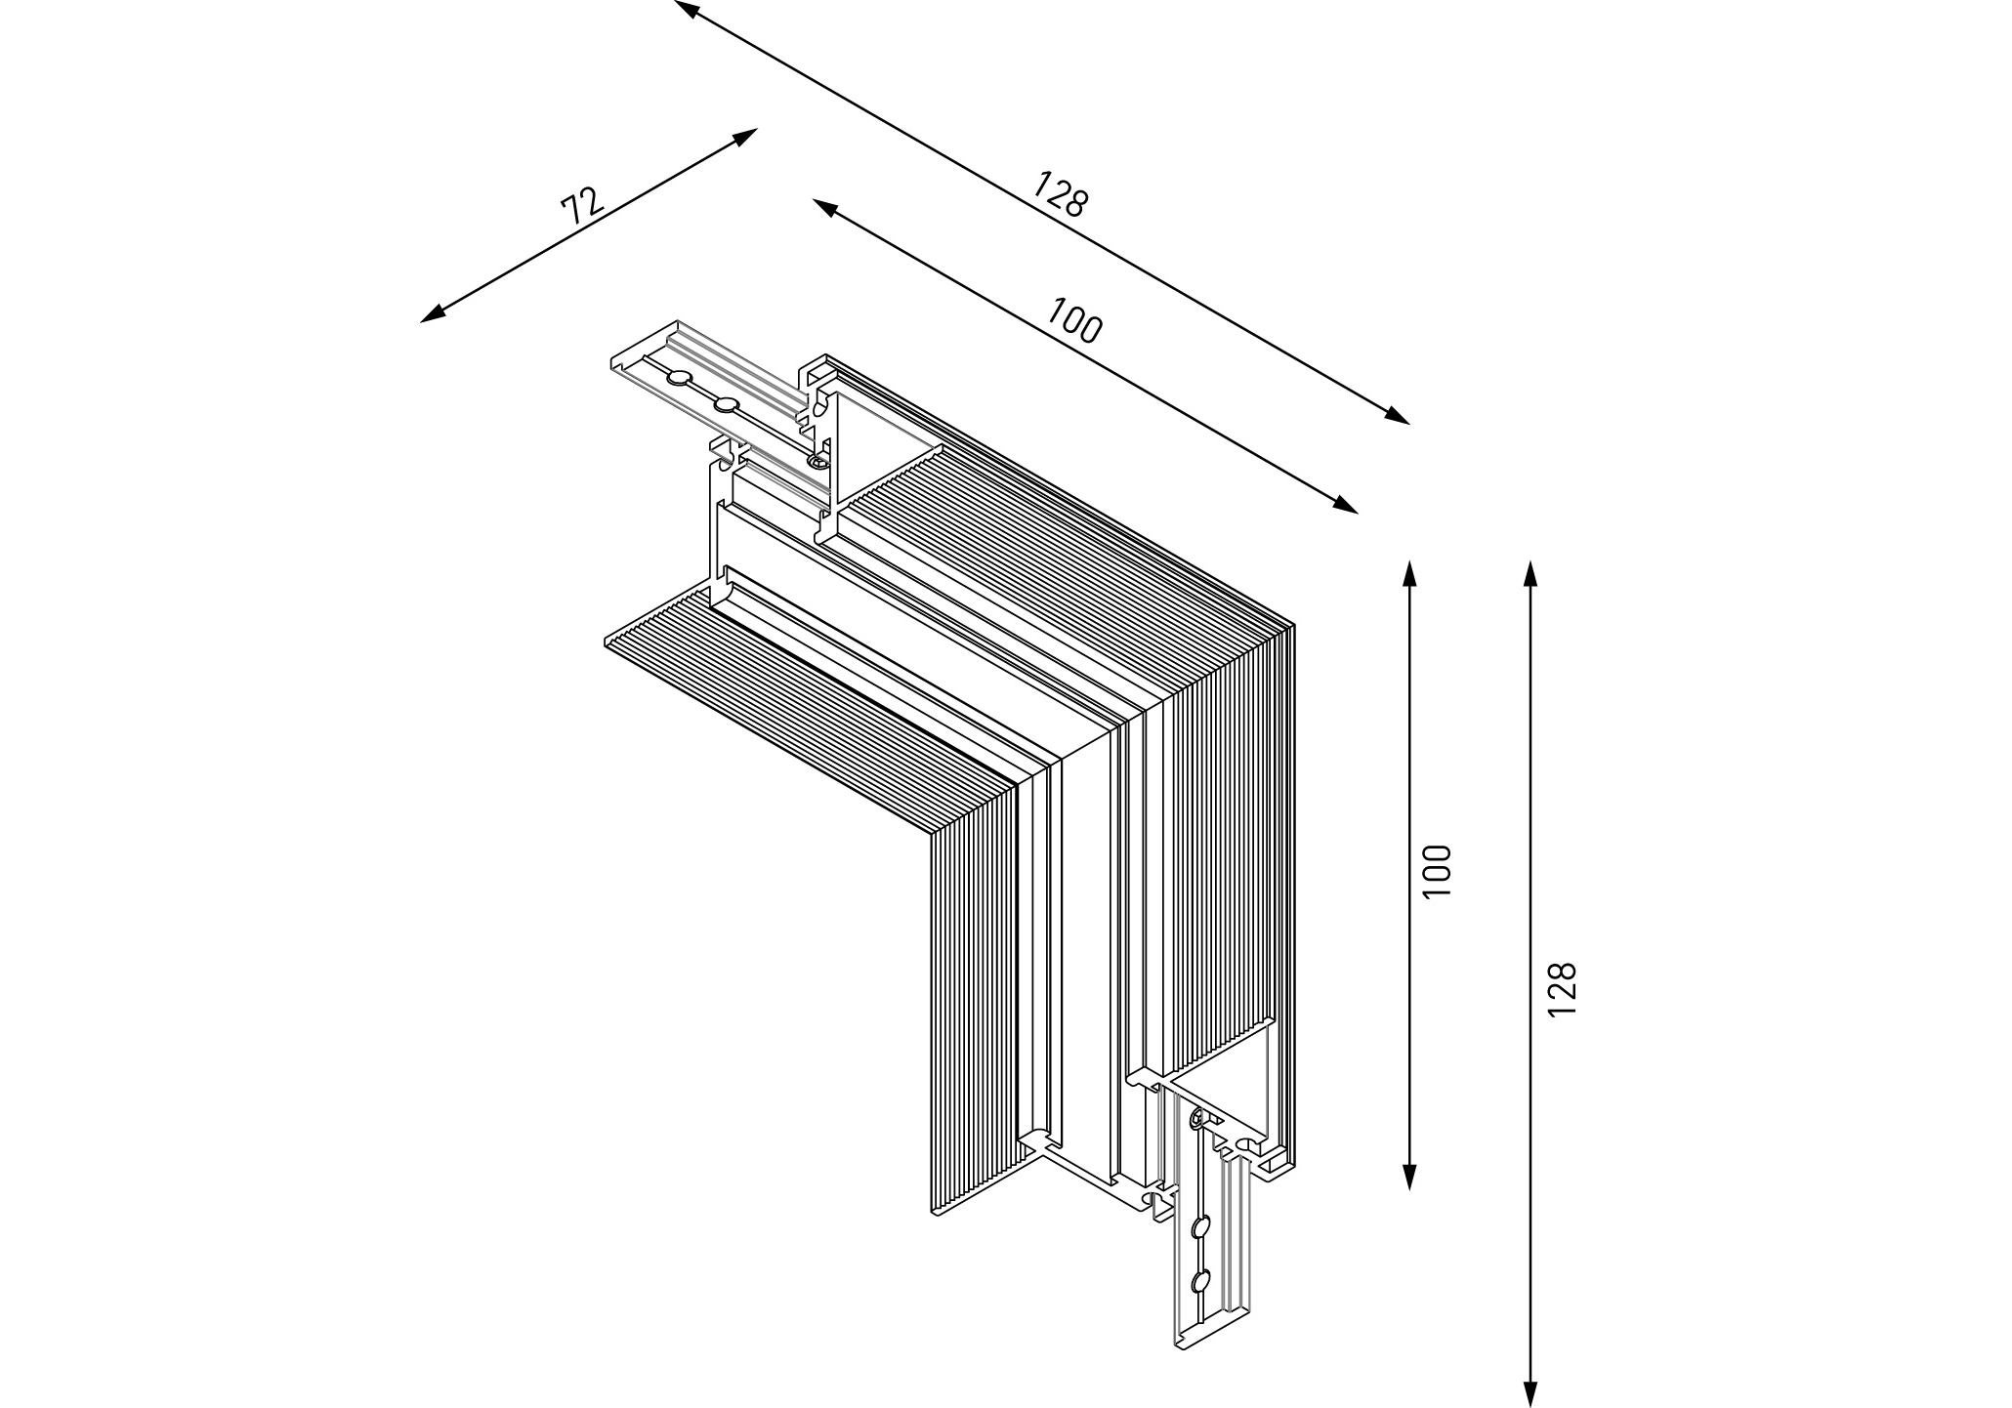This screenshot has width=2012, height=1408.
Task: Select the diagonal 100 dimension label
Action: tap(1074, 319)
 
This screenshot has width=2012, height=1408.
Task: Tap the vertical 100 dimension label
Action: tap(1438, 870)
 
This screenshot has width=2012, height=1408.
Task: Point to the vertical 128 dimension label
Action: tap(1562, 988)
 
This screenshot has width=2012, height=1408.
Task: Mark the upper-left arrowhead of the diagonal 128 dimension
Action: tap(686, 9)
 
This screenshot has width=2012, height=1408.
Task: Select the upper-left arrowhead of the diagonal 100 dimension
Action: tap(824, 206)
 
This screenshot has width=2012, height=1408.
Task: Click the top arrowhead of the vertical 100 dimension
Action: tap(1408, 573)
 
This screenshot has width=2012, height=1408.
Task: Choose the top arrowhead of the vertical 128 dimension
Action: tap(1530, 573)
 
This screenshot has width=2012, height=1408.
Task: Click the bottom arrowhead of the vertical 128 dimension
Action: tap(1530, 1394)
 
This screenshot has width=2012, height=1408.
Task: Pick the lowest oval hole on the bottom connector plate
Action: tap(1201, 1281)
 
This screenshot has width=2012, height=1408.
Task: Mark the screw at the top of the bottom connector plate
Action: tap(1196, 1119)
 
